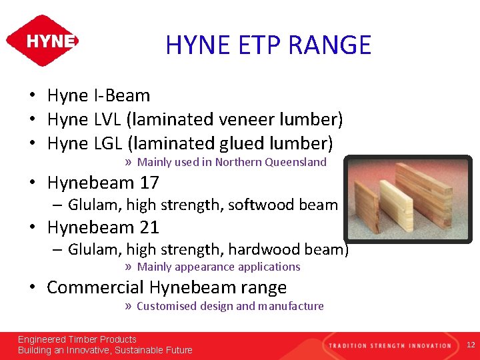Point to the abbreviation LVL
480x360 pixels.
point(107,120)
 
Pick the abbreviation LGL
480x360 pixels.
point(107,144)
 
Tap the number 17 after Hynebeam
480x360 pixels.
point(149,183)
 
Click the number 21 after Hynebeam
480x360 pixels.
point(149,227)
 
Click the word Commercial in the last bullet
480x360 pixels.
point(95,288)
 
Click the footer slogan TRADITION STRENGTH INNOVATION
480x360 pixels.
point(389,345)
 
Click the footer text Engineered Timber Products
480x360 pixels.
point(77,339)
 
